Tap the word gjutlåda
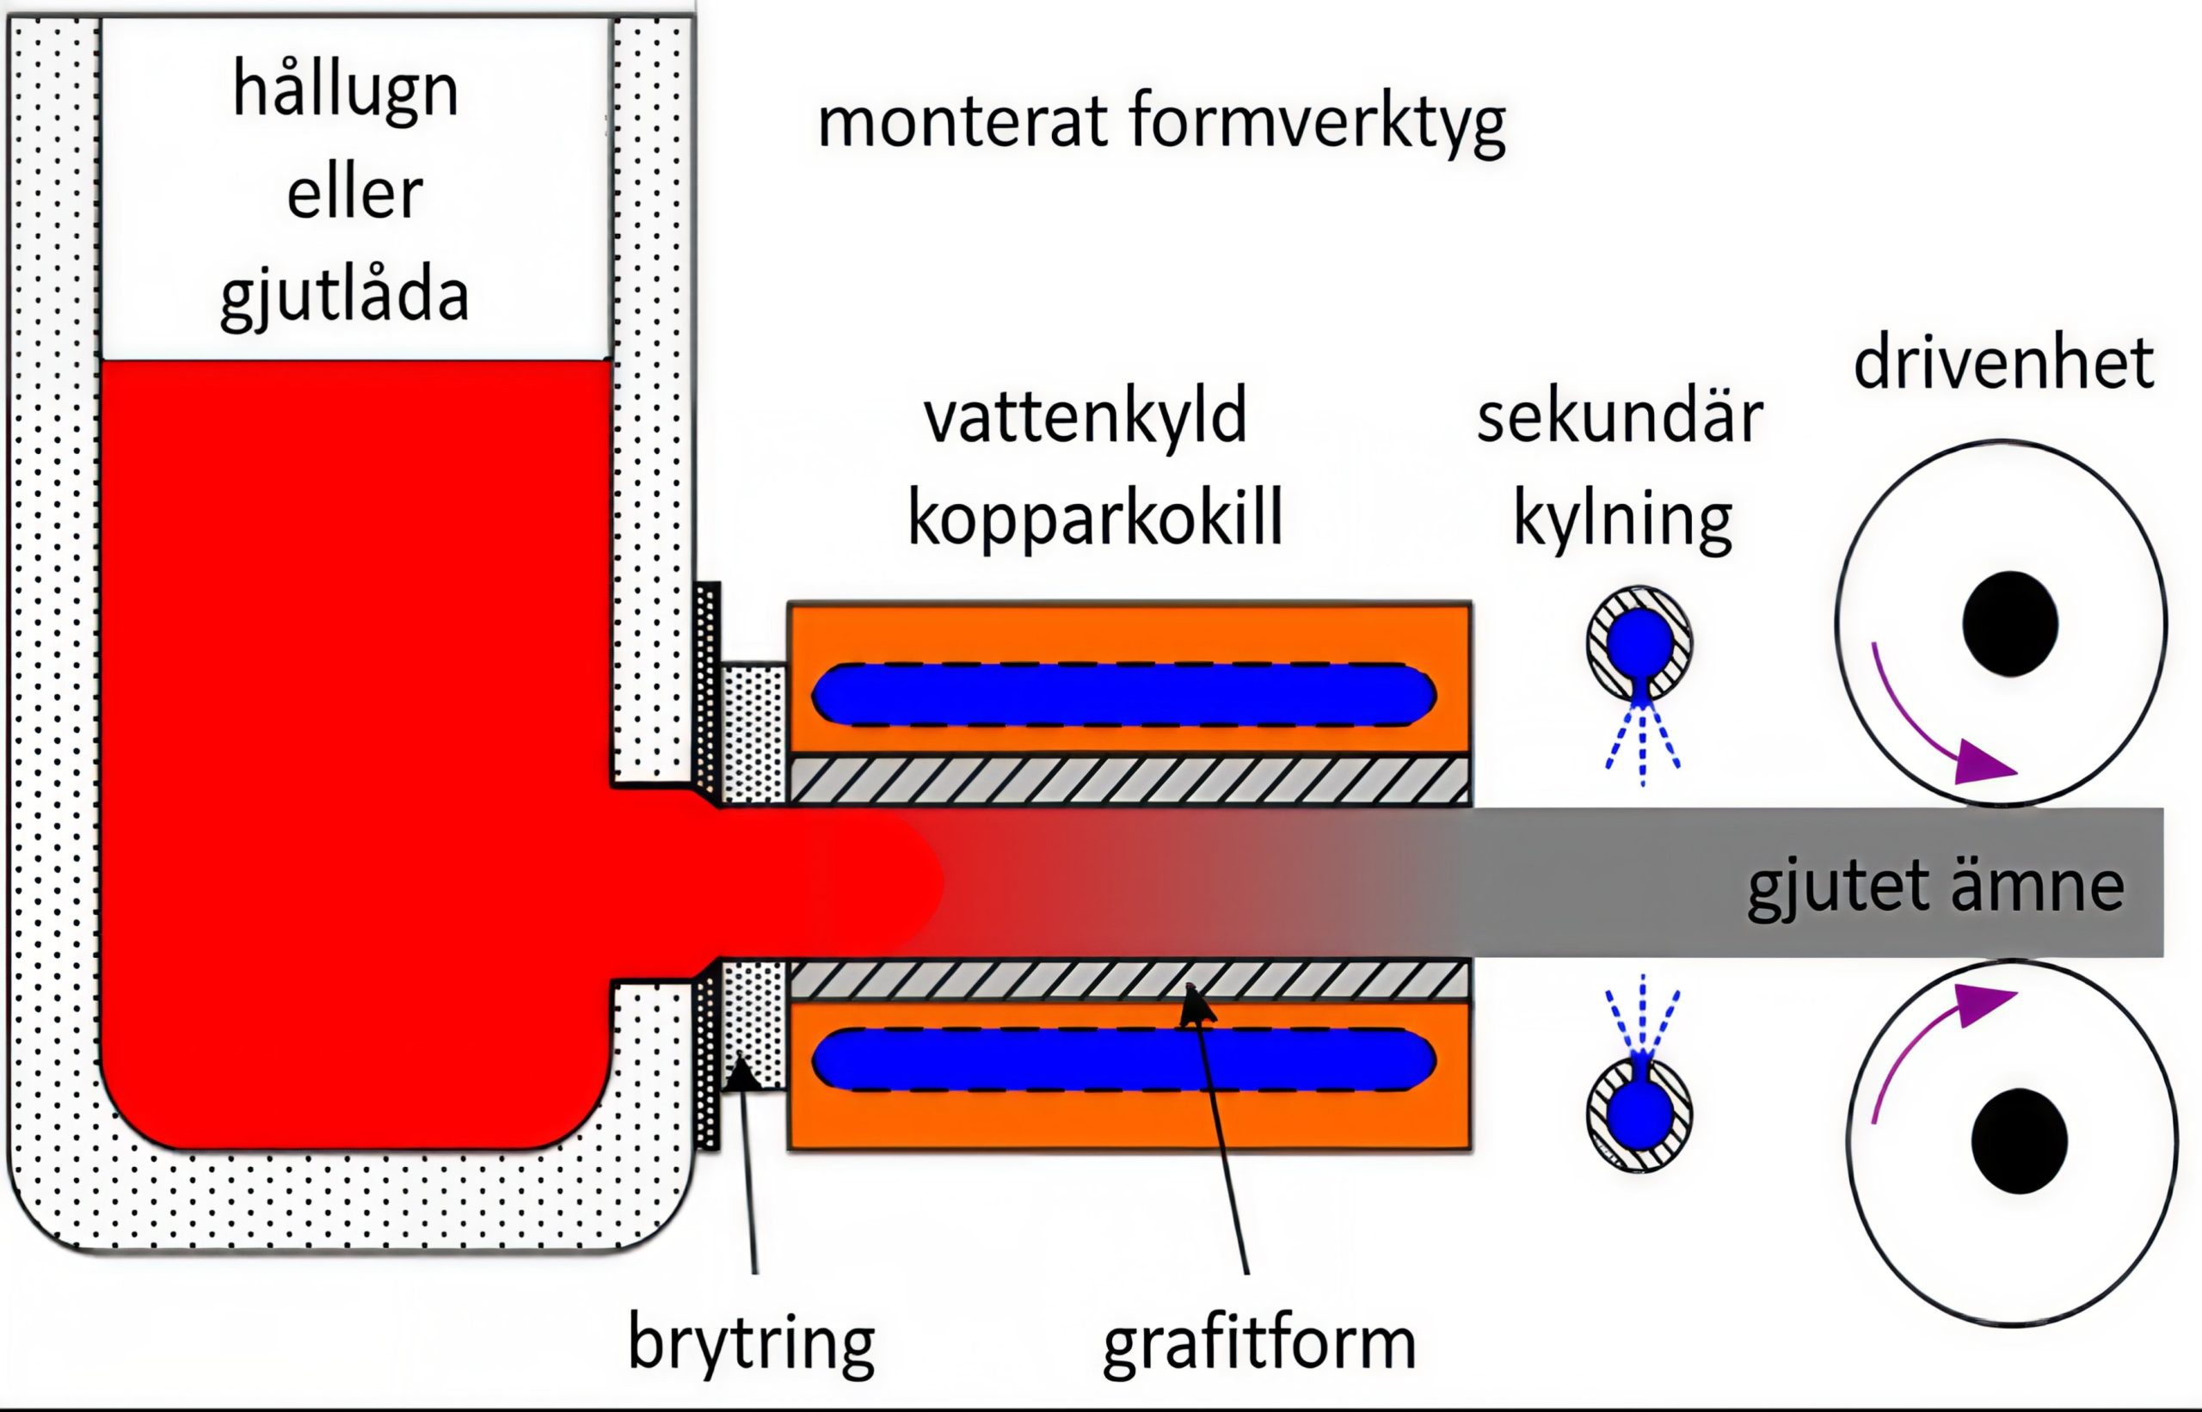(x=345, y=295)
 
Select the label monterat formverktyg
(x=1161, y=123)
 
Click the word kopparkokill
(x=1094, y=519)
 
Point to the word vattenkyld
(x=1085, y=418)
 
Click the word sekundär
(x=1620, y=418)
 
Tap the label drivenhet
(x=2003, y=364)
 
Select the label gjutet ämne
(x=1935, y=887)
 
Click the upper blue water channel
(x=1123, y=694)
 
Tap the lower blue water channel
(x=1123, y=1060)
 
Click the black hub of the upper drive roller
(x=2009, y=623)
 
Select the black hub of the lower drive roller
(x=2019, y=1140)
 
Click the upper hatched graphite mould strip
(x=1128, y=780)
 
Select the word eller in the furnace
(x=354, y=193)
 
